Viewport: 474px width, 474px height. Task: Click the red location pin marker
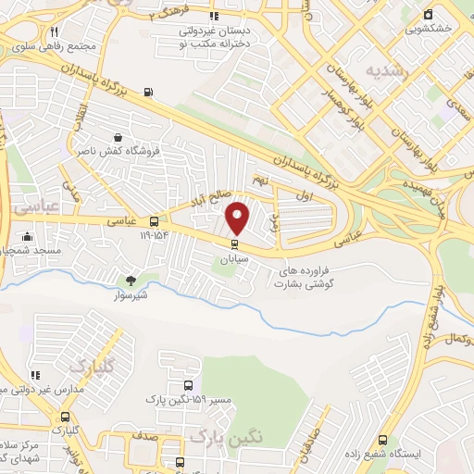[238, 218]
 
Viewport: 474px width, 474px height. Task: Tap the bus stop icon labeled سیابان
[233, 245]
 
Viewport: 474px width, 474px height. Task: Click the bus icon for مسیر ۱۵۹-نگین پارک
[188, 386]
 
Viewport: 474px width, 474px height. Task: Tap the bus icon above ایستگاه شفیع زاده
[383, 442]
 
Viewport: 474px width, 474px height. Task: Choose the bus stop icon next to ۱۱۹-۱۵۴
[154, 222]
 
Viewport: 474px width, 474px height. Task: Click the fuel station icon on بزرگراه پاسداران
[149, 92]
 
